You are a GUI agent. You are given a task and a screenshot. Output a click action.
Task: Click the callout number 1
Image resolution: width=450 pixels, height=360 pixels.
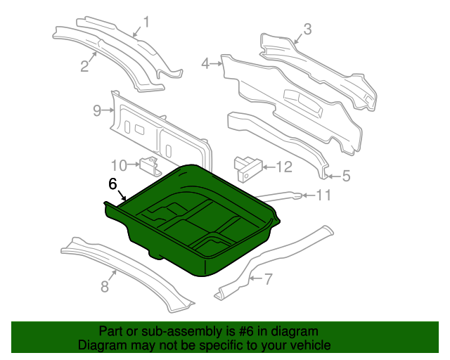(146, 22)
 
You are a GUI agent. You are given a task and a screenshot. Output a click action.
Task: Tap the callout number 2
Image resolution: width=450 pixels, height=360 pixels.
(84, 65)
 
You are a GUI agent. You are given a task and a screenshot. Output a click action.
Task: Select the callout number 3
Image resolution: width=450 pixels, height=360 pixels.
(307, 29)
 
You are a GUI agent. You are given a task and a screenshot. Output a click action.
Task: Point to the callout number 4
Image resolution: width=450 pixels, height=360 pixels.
(205, 63)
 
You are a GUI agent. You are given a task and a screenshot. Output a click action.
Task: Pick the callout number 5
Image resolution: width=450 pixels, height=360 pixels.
(347, 176)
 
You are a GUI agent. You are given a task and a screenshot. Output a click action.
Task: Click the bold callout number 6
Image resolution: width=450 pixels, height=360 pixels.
(112, 184)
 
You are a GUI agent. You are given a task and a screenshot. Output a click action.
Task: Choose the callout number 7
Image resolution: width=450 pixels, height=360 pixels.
(268, 278)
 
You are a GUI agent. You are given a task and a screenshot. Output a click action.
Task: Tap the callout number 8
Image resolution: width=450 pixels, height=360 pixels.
(105, 286)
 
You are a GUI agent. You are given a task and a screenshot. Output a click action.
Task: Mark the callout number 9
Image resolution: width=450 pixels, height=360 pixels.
(97, 110)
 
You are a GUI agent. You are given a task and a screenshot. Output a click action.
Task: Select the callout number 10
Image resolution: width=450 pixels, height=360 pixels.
(119, 166)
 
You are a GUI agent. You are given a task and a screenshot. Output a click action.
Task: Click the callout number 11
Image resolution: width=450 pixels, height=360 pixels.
(323, 195)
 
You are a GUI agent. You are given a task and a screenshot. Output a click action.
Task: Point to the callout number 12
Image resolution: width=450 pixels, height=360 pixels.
(284, 167)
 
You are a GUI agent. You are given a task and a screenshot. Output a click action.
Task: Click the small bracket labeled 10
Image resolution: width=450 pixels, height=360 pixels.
(150, 167)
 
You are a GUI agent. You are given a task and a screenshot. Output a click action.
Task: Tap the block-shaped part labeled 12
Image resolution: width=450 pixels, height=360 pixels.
(247, 169)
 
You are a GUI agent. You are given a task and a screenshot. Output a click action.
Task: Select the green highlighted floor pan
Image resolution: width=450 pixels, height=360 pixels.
(192, 221)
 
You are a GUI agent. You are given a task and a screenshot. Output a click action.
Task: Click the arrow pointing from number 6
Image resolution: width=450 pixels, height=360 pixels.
(122, 195)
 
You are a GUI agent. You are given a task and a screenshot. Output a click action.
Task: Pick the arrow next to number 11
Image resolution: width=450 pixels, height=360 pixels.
(309, 195)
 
